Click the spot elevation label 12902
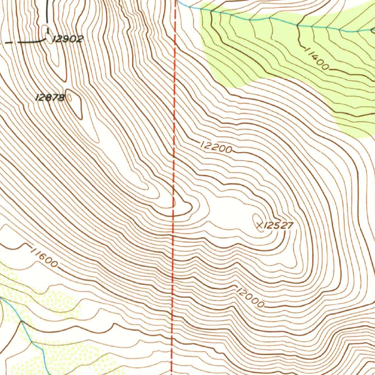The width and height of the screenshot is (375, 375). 68,39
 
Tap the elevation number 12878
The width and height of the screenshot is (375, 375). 50,97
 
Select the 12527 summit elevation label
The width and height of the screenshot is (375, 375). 278,225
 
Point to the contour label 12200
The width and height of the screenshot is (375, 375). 216,147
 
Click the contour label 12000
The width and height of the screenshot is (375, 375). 250,298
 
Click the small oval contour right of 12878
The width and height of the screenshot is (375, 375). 69,97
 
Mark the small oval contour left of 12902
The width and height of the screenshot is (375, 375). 48,38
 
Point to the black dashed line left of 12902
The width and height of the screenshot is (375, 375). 26,42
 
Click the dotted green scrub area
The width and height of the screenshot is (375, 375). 55,352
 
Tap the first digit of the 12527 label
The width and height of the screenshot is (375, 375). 266,225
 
